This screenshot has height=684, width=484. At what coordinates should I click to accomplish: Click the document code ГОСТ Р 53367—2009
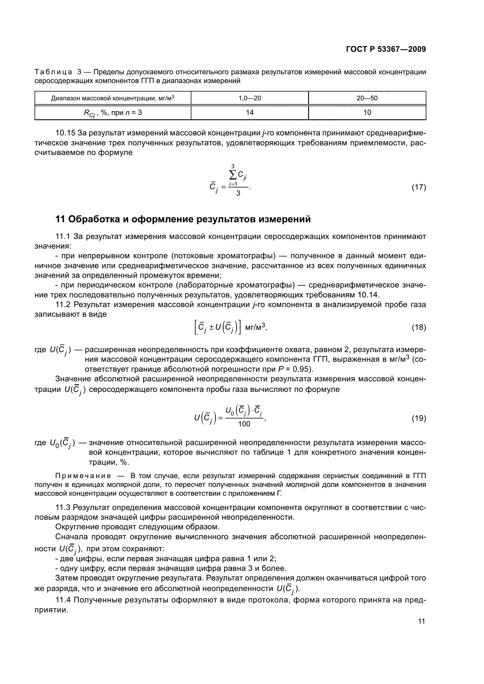[386, 49]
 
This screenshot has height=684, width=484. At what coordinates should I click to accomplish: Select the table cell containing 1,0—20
[249, 98]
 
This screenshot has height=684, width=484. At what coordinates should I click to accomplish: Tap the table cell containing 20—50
[367, 98]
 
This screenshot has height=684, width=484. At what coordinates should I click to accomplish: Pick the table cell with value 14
[249, 112]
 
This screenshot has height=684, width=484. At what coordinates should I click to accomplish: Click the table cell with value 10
[367, 112]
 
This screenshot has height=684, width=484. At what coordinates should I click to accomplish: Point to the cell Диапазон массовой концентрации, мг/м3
[113, 98]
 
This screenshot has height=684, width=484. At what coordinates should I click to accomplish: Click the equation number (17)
[419, 187]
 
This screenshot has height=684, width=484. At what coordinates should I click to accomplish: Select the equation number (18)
[419, 328]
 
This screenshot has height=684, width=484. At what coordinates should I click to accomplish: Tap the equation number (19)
[419, 418]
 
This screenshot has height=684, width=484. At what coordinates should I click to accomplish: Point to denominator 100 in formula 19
[244, 424]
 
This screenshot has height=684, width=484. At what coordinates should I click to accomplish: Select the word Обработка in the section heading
[94, 219]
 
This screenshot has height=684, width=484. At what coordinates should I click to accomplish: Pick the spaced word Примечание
[83, 476]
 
